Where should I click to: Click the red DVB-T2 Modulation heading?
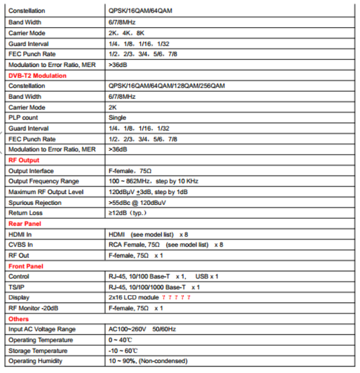click(x=37, y=75)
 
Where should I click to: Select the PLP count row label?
click(x=23, y=118)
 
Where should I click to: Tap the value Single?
click(x=117, y=118)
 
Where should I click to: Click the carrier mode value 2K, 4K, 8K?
click(x=126, y=33)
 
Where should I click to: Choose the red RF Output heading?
click(x=24, y=160)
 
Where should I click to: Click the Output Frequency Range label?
click(x=44, y=181)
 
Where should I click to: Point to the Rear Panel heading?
click(x=24, y=223)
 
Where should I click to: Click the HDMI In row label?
click(x=20, y=234)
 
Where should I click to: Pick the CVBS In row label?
click(x=20, y=245)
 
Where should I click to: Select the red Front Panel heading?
click(x=25, y=266)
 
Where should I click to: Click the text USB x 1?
click(x=207, y=277)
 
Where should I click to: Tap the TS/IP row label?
click(x=16, y=287)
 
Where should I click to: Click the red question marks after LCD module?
click(x=177, y=297)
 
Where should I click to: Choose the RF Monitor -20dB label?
click(x=33, y=308)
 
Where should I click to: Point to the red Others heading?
click(x=18, y=319)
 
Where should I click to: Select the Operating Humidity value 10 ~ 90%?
click(x=148, y=361)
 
